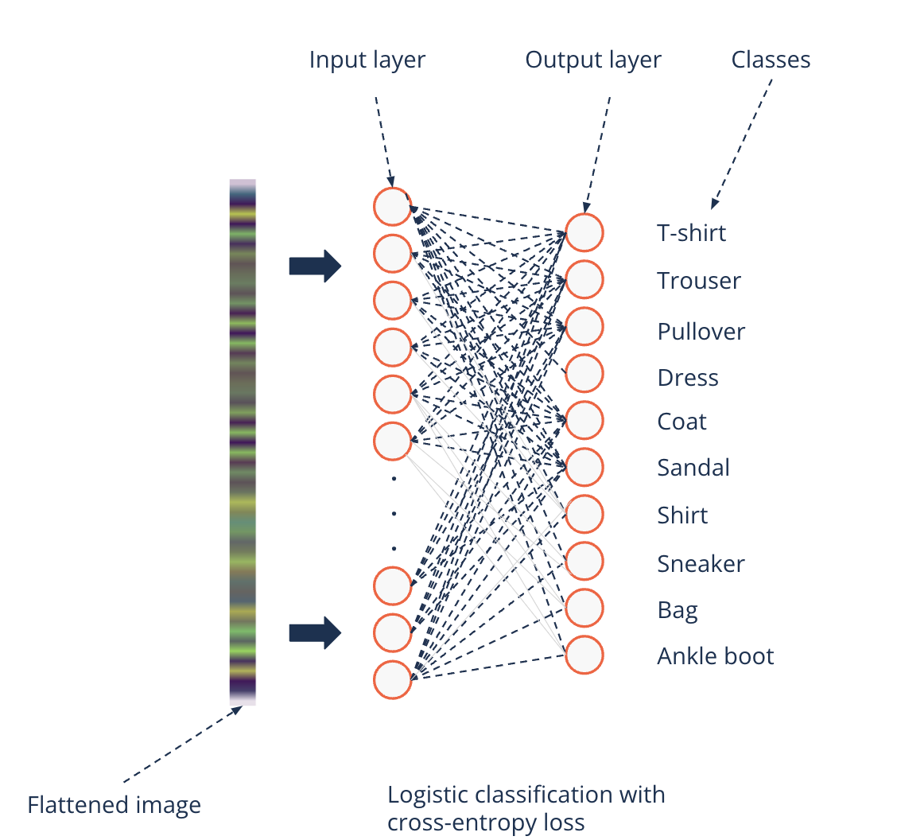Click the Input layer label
click(367, 60)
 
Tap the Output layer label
click(593, 60)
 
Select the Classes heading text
click(771, 60)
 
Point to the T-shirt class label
click(692, 233)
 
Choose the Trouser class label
click(699, 281)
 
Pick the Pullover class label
click(701, 331)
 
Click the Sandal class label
click(693, 467)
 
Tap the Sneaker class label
click(701, 564)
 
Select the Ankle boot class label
click(716, 656)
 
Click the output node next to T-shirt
click(584, 233)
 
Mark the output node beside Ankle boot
click(584, 656)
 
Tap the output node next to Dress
click(584, 373)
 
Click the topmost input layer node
click(393, 206)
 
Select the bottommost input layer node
click(393, 680)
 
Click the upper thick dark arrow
click(315, 266)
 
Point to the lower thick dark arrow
click(315, 633)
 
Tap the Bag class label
click(678, 610)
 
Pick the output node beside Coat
click(584, 421)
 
